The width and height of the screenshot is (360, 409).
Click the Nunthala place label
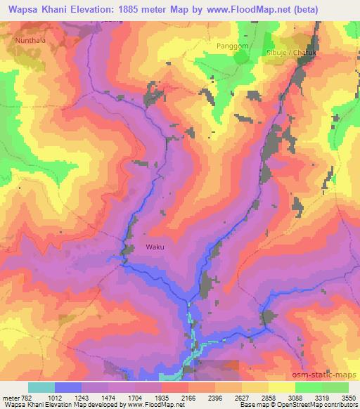tap(29, 41)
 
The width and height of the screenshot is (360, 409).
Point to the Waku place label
tap(155, 247)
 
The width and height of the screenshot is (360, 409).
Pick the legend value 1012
tap(67, 397)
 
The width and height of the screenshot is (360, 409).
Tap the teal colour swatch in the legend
tap(41, 387)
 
